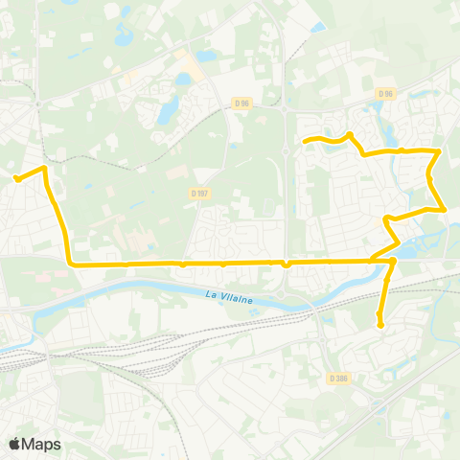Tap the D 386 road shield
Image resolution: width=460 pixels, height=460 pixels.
coord(337,379)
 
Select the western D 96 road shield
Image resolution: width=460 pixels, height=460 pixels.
coord(242,103)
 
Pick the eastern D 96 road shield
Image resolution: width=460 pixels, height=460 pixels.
coord(385,93)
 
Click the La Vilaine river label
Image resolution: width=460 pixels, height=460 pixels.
coord(230,298)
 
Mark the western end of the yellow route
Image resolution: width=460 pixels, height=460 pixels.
coord(16,177)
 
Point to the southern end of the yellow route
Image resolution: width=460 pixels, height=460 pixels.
coord(380,326)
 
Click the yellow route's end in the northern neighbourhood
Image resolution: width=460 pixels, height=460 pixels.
coord(305,143)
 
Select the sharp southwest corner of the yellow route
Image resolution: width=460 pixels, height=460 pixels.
coord(69,263)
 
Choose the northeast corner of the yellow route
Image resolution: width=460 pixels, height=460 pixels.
coord(439,150)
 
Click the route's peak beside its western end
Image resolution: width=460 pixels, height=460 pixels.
coord(44,169)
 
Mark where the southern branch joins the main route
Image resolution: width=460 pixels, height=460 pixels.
coord(392,260)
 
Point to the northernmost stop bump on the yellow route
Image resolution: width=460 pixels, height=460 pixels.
coord(350,135)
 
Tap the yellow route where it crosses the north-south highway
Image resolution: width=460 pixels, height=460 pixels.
coord(286,262)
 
